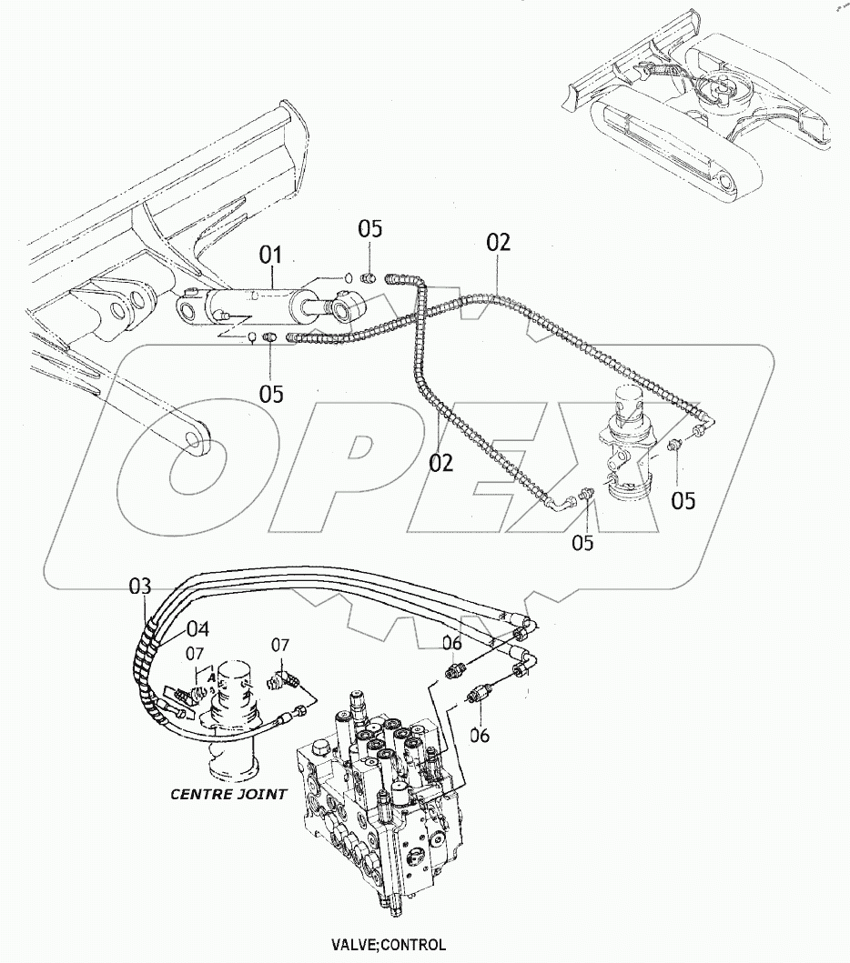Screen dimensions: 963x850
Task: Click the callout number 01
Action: click(272, 255)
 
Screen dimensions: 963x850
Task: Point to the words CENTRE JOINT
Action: click(228, 794)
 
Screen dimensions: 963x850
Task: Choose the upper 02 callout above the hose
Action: click(498, 243)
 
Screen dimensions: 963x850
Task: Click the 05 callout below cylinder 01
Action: click(270, 394)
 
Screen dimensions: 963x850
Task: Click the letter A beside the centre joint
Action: click(212, 677)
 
